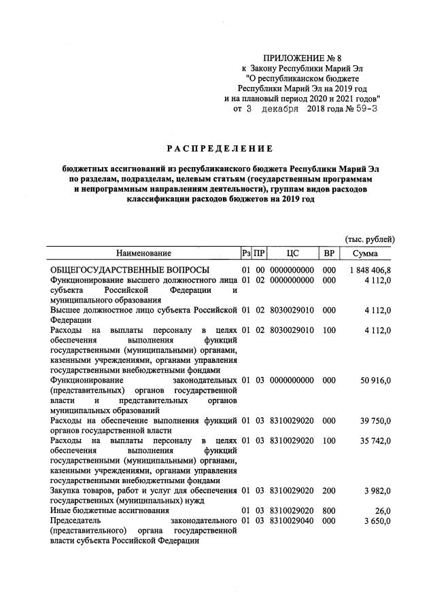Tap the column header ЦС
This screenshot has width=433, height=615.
pos(292,253)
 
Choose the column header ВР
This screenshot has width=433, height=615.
pos(329,253)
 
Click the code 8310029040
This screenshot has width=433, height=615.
pos(292,521)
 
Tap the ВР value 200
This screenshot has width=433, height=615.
pos(329,491)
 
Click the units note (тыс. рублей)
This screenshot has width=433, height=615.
pos(370,239)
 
